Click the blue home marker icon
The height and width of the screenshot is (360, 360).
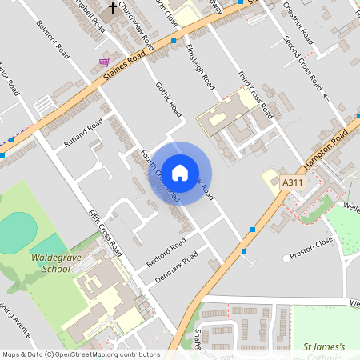tap(180, 172)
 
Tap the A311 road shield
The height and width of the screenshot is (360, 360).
tap(294, 184)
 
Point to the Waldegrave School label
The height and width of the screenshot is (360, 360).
tap(58, 264)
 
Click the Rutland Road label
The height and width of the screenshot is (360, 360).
tap(85, 134)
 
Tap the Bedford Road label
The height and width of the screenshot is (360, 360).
tap(166, 251)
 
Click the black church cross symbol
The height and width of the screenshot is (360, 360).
tap(113, 9)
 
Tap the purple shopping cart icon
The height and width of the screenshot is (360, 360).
tap(104, 62)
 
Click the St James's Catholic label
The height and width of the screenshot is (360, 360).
tap(324, 350)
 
